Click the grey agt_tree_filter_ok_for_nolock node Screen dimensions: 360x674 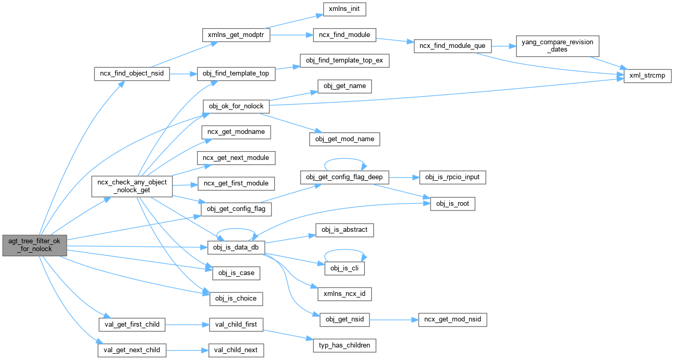pyautogui.click(x=34, y=244)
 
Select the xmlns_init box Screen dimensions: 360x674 pyautogui.click(x=345, y=9)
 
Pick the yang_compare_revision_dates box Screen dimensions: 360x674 pyautogui.click(x=557, y=46)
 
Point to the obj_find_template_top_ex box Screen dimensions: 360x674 pyautogui.click(x=344, y=61)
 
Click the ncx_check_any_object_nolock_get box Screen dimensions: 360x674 pyautogui.click(x=132, y=187)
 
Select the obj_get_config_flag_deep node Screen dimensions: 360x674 pyautogui.click(x=345, y=177)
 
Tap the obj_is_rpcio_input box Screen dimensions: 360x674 pyautogui.click(x=452, y=177)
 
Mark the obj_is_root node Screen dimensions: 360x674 pyautogui.click(x=452, y=204)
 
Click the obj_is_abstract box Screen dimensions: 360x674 pyautogui.click(x=345, y=230)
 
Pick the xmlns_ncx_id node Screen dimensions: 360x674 pyautogui.click(x=345, y=294)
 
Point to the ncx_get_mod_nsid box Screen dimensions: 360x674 pyautogui.click(x=452, y=319)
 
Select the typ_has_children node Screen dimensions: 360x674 pyautogui.click(x=345, y=345)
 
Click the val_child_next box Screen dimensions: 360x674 pyautogui.click(x=236, y=350)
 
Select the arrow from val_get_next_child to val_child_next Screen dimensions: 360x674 pyautogui.click(x=187, y=350)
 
